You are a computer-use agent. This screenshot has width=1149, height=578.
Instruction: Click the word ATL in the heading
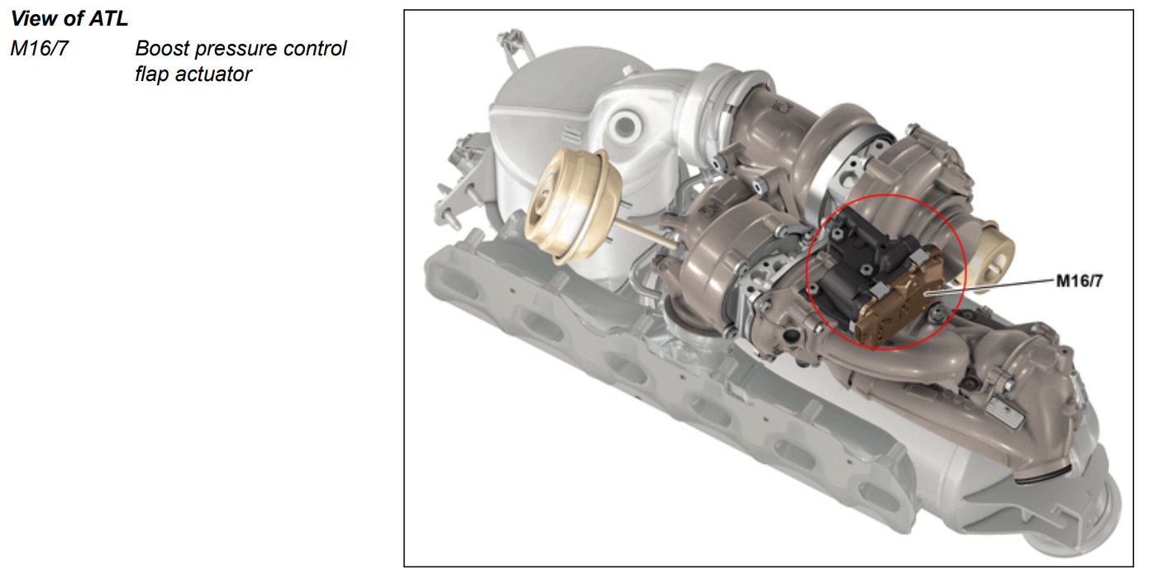click(108, 18)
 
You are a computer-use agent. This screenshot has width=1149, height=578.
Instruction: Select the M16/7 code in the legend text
click(39, 48)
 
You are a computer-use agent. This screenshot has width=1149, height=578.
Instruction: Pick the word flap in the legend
click(152, 74)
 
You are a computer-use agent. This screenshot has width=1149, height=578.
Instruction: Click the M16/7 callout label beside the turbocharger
click(1080, 281)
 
